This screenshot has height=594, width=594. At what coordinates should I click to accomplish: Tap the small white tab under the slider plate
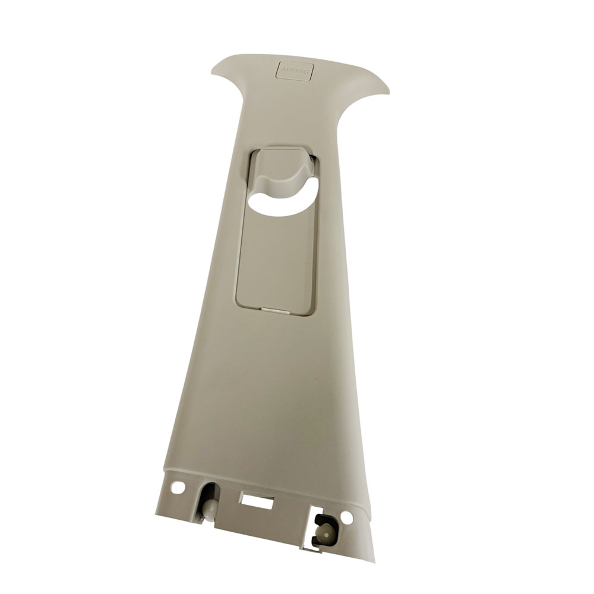pyautogui.click(x=273, y=309)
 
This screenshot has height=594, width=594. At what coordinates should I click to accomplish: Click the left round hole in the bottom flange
pyautogui.click(x=177, y=488)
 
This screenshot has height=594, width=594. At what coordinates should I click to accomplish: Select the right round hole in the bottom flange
pyautogui.click(x=347, y=517)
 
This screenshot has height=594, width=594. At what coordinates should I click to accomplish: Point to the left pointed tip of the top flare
pyautogui.click(x=213, y=71)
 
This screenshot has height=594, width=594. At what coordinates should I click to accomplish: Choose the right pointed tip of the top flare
pyautogui.click(x=388, y=93)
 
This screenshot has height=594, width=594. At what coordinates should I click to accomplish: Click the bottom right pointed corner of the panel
pyautogui.click(x=374, y=560)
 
